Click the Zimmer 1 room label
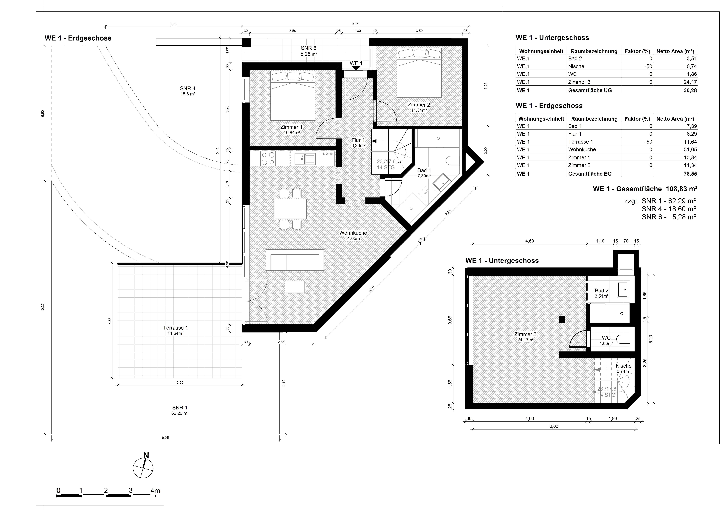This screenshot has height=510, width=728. [289, 127]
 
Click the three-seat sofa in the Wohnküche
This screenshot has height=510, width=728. [295, 260]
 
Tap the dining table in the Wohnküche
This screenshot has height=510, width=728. [290, 209]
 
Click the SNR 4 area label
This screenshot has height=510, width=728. [188, 88]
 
